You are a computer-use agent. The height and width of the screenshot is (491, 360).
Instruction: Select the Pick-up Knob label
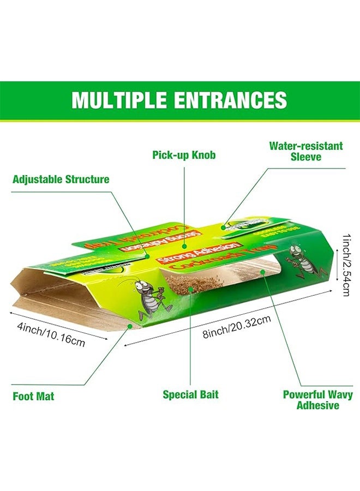click(184, 155)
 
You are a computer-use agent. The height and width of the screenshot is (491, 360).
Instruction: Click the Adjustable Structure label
click(61, 179)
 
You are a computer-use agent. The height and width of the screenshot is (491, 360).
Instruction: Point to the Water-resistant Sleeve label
click(306, 151)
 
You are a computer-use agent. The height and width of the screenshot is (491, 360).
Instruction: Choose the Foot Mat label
click(33, 397)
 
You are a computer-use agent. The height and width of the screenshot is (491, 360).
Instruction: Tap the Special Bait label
click(190, 394)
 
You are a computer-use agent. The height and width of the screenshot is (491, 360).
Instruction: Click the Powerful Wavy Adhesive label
click(317, 400)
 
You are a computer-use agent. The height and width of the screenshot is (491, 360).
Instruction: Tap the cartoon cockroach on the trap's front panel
click(151, 299)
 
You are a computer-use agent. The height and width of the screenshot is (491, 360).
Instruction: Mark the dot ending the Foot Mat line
click(129, 326)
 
